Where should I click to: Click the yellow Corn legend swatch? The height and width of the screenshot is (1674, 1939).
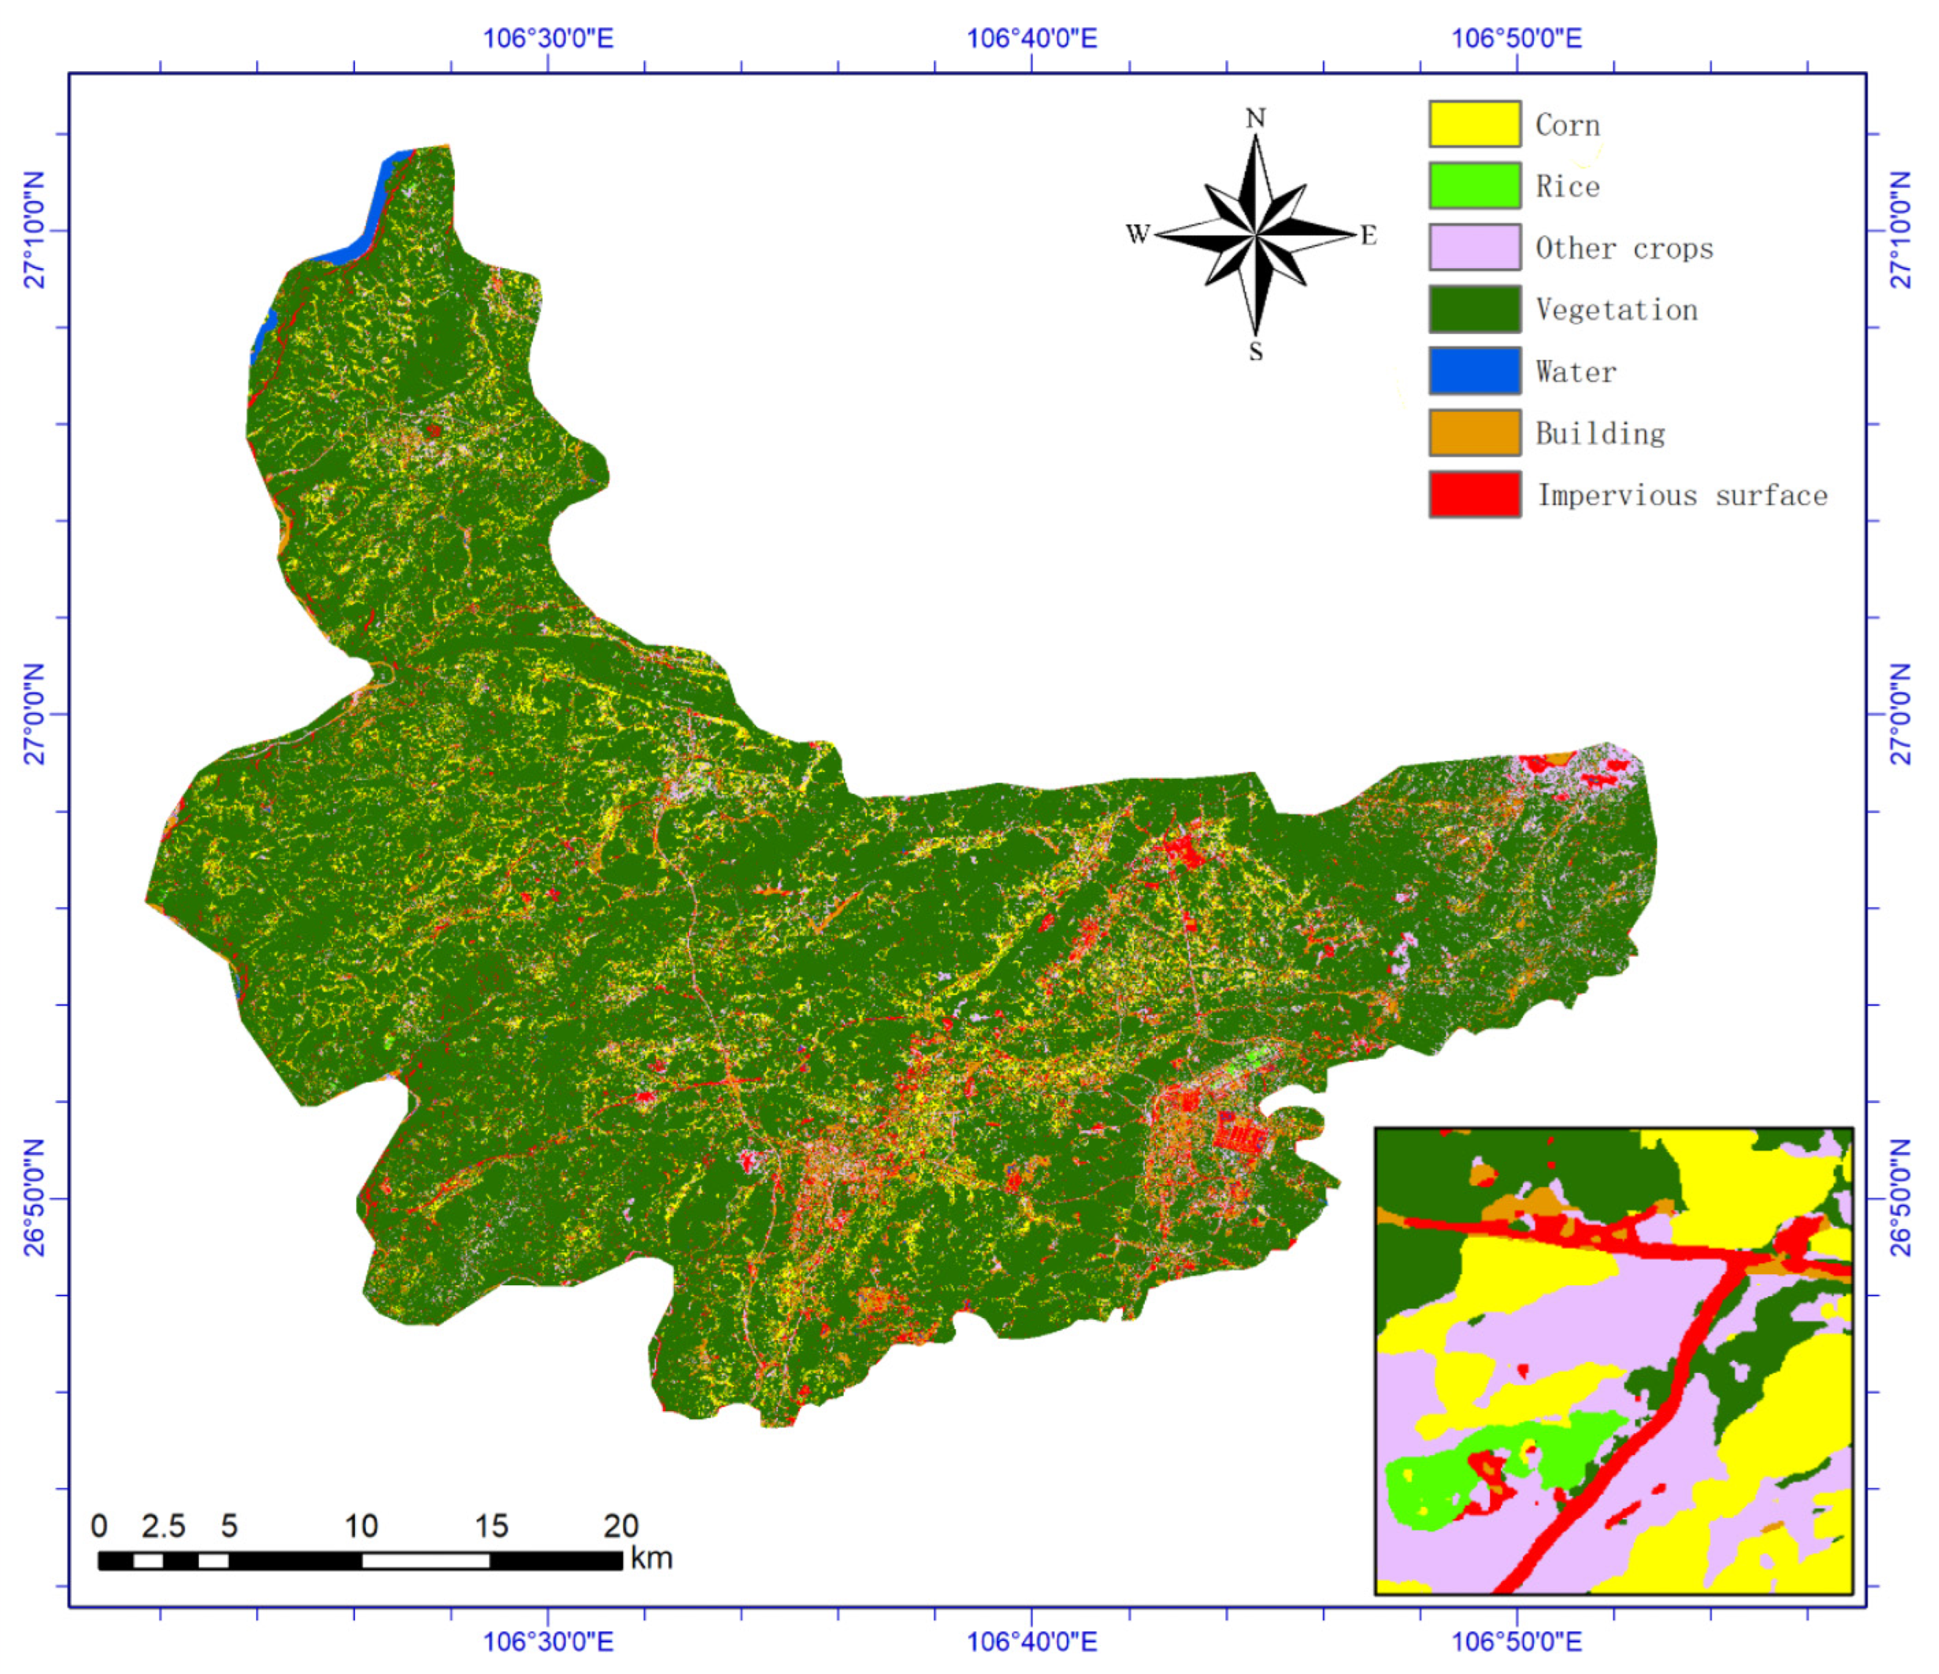tap(1474, 125)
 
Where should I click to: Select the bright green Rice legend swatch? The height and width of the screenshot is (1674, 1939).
tap(1474, 186)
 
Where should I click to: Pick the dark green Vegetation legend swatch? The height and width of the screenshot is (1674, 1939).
tap(1474, 310)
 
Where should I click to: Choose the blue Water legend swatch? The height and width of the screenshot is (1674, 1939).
tap(1474, 371)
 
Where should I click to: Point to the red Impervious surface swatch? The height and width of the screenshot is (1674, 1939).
tap(1474, 495)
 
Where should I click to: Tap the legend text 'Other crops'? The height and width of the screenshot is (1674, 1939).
tap(1624, 249)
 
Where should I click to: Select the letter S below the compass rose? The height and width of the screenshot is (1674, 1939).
tap(1256, 352)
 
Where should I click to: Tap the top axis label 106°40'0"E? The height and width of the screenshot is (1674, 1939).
tap(1031, 38)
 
